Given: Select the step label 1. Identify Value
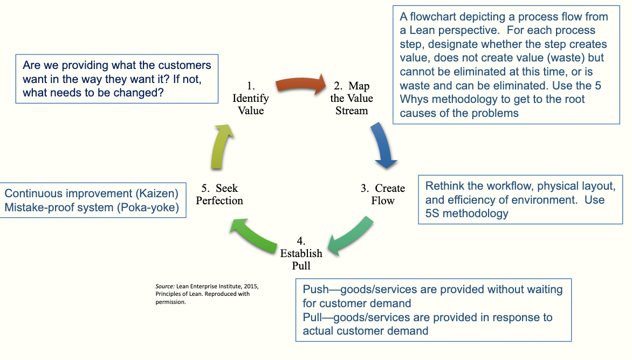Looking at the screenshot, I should point(250,98).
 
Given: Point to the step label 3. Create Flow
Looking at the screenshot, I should point(383,194).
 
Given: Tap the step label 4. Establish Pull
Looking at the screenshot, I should point(301,253).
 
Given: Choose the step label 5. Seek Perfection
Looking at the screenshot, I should point(219,194).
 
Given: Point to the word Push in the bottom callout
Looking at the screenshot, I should point(315,290).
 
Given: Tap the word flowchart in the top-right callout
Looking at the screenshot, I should point(432,17).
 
